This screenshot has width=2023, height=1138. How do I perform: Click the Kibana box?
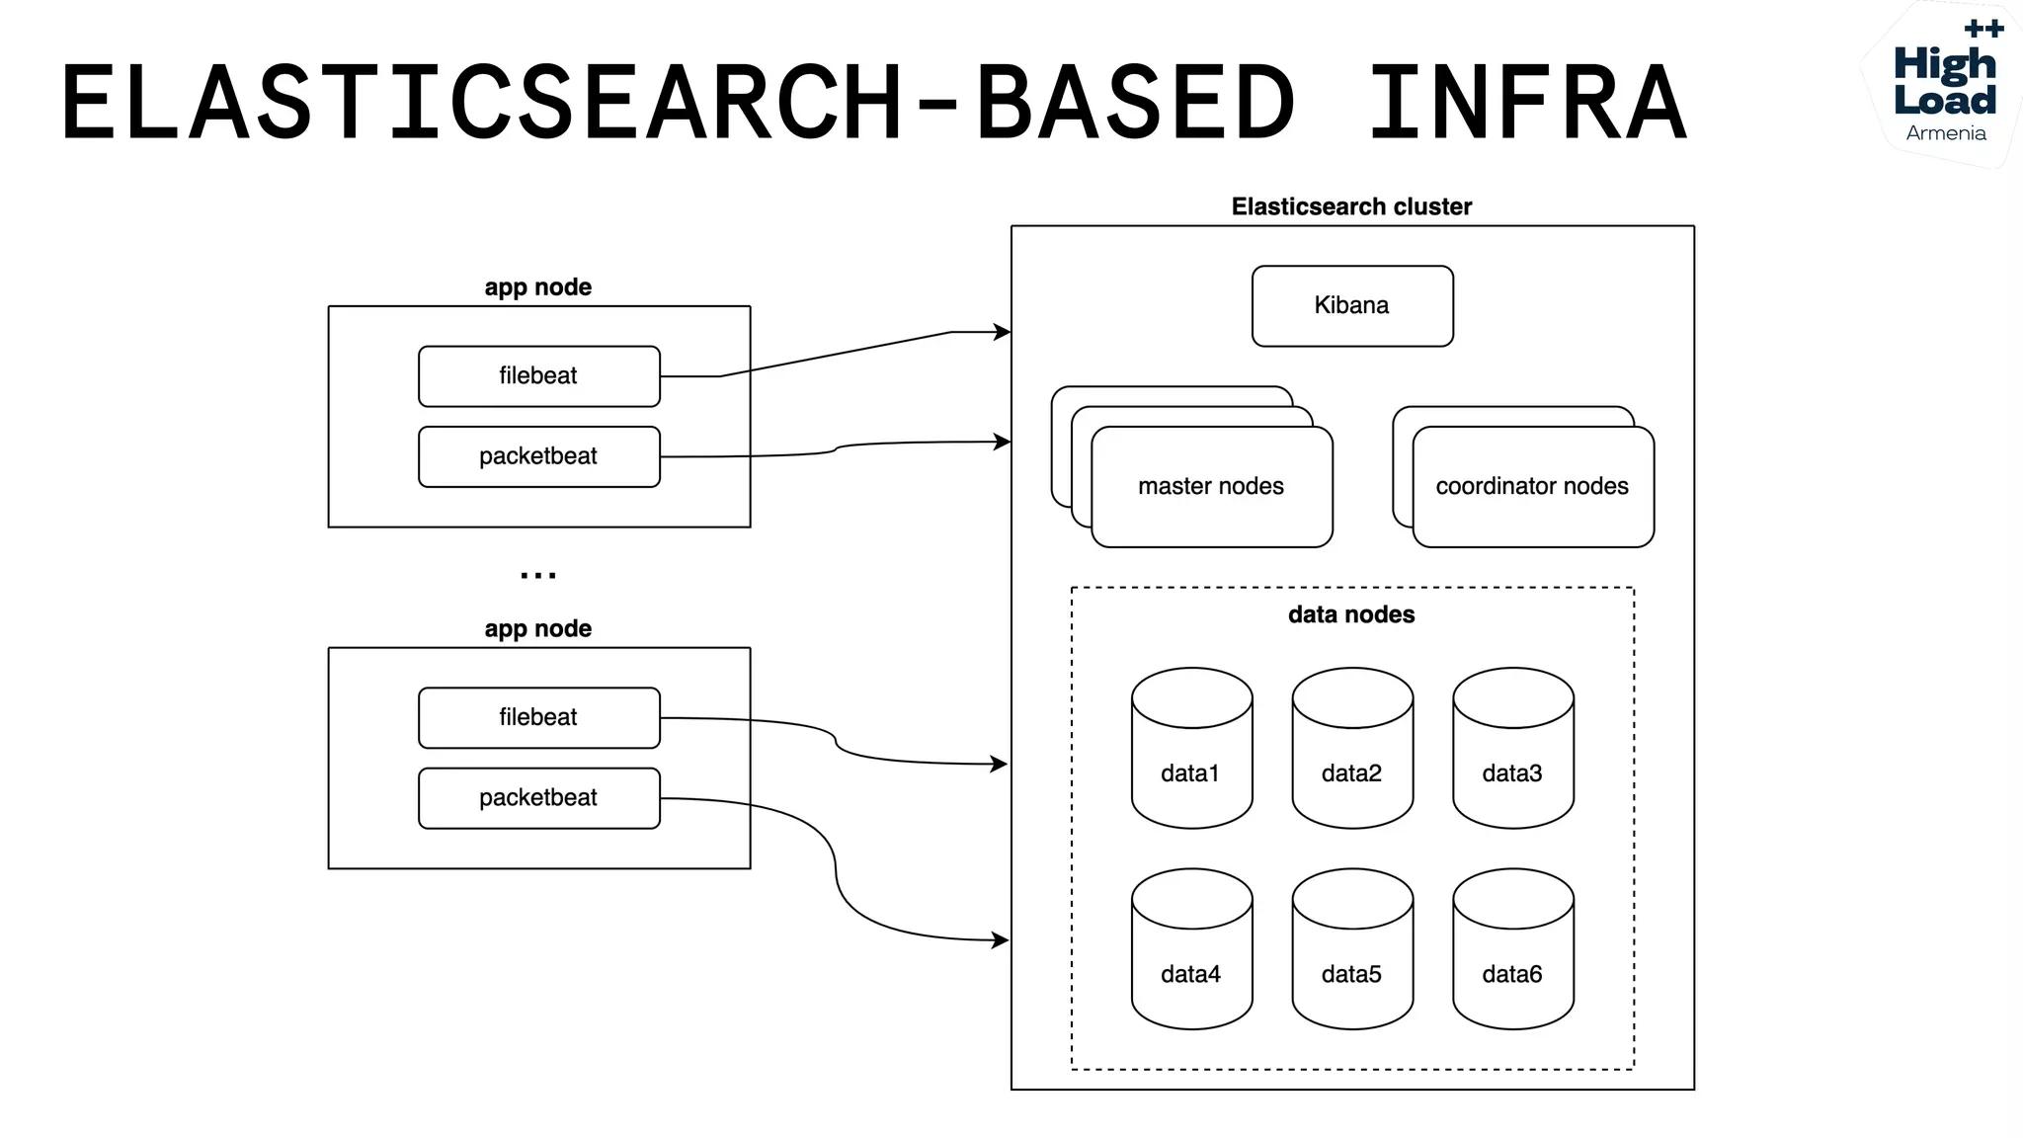(1351, 305)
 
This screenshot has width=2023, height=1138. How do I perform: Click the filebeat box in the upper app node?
(538, 376)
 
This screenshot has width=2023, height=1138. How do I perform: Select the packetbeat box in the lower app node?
(538, 798)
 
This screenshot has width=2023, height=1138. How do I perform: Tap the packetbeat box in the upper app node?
(538, 456)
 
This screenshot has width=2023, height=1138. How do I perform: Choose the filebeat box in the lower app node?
(538, 717)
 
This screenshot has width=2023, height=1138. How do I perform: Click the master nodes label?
(1211, 486)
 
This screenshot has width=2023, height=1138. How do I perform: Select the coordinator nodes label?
(1532, 486)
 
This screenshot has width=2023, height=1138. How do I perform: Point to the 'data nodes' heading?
(1351, 614)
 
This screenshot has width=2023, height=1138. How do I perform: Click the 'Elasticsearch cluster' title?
(1351, 206)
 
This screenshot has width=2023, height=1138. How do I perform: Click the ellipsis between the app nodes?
(538, 575)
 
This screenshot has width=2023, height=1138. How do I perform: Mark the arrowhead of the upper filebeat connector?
(1003, 332)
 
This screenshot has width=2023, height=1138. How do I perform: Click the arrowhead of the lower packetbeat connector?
(1001, 940)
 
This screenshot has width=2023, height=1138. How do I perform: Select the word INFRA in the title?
(1527, 102)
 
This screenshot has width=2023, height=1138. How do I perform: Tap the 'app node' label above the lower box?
(538, 628)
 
